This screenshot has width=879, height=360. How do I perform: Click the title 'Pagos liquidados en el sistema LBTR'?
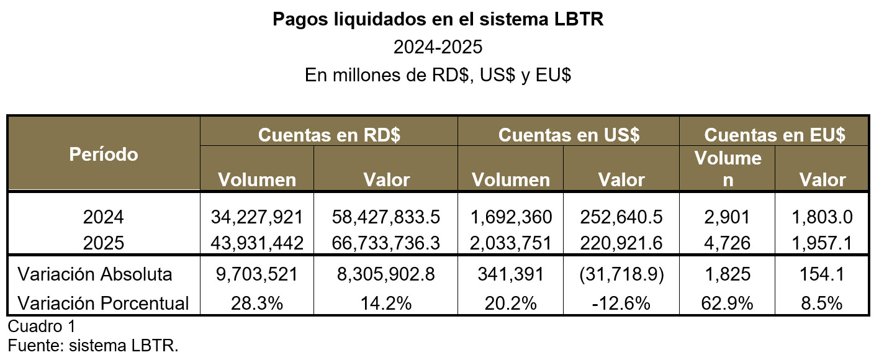click(x=438, y=19)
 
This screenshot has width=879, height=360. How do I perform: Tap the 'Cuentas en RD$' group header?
click(x=329, y=135)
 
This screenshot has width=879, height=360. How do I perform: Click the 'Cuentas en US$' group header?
click(x=569, y=135)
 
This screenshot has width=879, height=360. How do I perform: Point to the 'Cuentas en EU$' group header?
click(x=775, y=135)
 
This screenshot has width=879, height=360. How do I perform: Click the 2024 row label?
click(x=104, y=217)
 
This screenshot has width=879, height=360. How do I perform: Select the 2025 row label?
click(x=104, y=243)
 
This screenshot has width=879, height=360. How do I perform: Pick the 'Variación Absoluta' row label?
click(x=95, y=274)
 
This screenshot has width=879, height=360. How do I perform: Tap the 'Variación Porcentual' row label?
click(x=104, y=303)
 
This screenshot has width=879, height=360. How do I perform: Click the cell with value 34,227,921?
click(x=257, y=217)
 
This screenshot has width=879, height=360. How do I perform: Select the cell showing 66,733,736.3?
click(x=386, y=243)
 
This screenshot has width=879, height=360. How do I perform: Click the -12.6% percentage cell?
click(x=622, y=303)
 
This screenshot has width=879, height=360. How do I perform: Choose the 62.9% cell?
click(x=728, y=303)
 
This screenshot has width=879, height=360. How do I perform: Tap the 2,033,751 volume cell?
click(x=511, y=243)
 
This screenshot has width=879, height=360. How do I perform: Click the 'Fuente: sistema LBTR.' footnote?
click(x=93, y=345)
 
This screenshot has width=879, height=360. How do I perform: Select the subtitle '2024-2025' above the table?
click(x=438, y=47)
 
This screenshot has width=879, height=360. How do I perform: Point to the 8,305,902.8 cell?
click(x=386, y=274)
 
